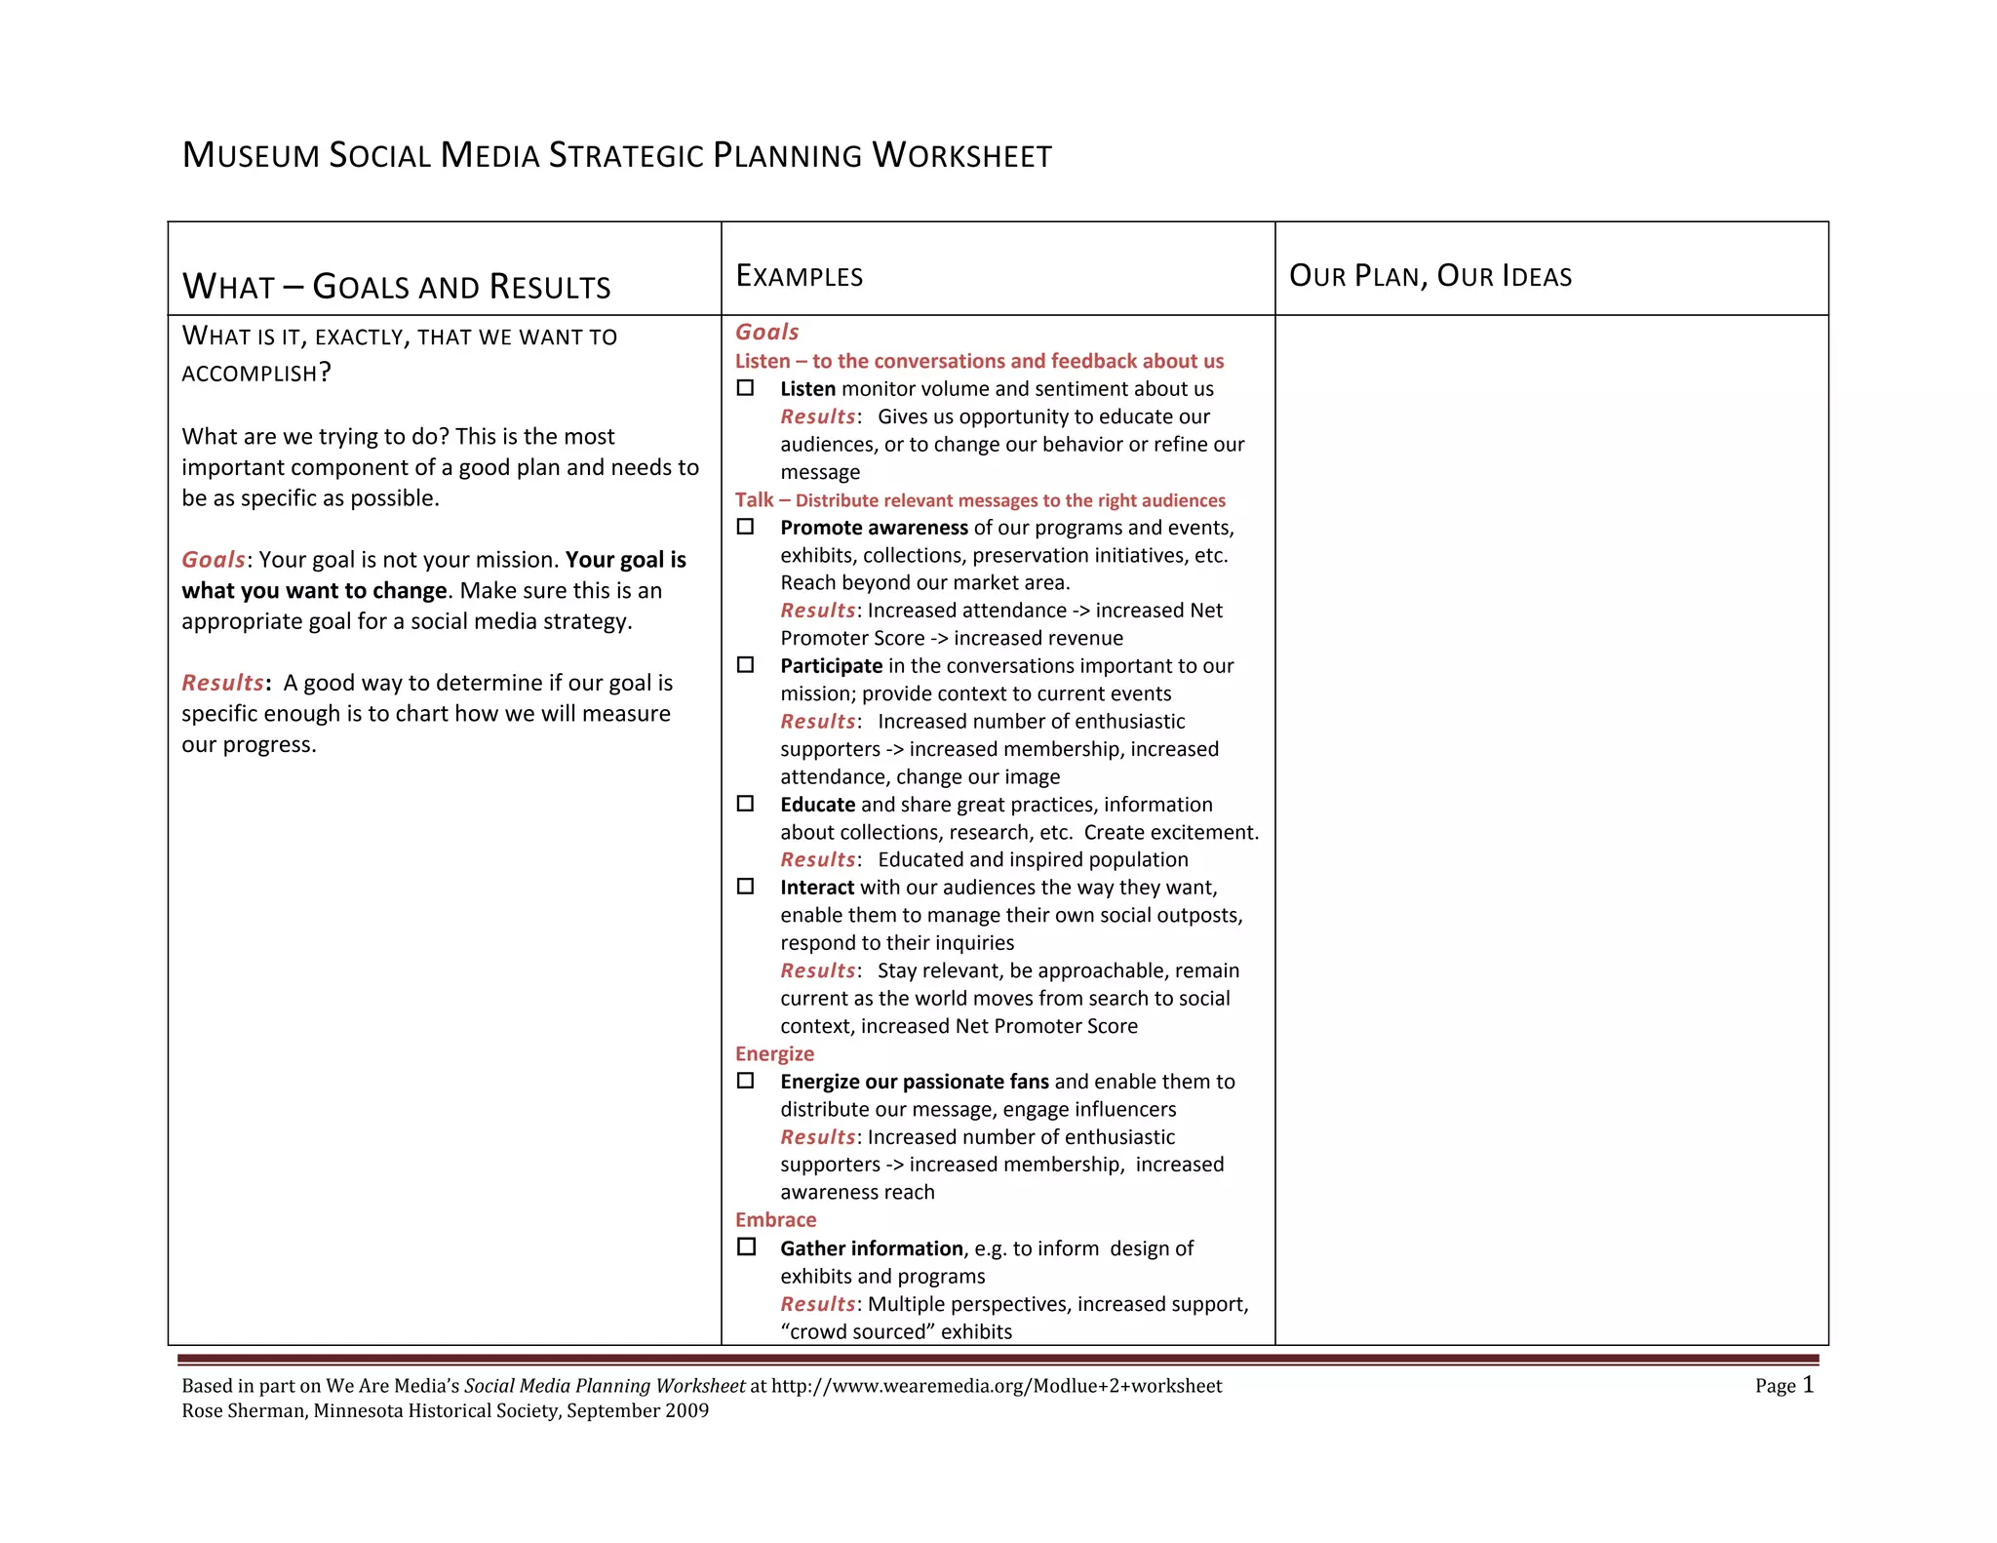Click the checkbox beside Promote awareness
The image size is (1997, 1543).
click(745, 527)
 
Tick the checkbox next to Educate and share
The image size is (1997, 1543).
click(745, 804)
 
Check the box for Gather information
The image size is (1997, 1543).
click(746, 1246)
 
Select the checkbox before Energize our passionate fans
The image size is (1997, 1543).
click(745, 1081)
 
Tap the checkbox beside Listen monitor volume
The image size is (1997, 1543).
click(745, 388)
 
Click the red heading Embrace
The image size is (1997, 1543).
click(775, 1220)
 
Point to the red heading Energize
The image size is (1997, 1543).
click(774, 1053)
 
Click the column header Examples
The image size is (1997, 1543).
click(799, 276)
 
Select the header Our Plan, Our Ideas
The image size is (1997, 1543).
click(1429, 276)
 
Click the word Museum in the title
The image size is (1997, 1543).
click(251, 155)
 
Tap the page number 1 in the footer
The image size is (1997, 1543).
click(1808, 1384)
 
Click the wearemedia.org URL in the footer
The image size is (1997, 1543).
click(996, 1386)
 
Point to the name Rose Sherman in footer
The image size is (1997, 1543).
click(242, 1411)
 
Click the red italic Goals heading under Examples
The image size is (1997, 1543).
click(766, 332)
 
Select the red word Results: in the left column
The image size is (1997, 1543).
click(223, 683)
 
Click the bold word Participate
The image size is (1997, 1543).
click(831, 666)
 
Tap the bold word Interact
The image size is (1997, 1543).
click(816, 888)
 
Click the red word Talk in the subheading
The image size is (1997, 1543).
click(754, 500)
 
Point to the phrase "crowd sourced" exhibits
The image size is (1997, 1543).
click(896, 1331)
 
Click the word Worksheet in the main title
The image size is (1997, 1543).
click(961, 155)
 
